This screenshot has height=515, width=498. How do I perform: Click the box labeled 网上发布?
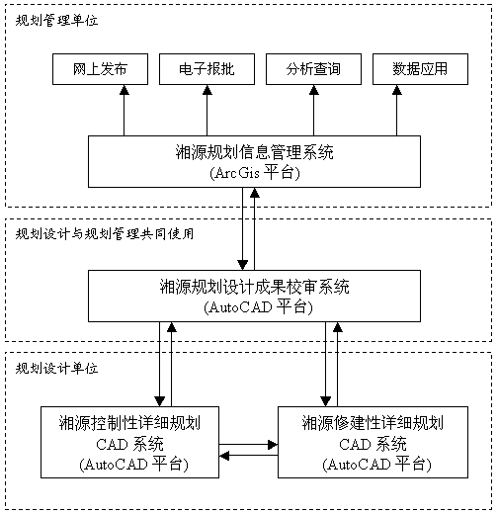pos(100,69)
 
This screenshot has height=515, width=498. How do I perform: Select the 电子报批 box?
pos(207,69)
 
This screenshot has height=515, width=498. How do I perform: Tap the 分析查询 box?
pos(313,69)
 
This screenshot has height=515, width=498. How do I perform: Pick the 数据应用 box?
pos(420,69)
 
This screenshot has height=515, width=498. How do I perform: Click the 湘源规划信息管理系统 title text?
pos(254,152)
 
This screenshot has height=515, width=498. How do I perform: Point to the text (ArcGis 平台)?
pos(255,172)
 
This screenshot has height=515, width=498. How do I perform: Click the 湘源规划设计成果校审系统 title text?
pos(254,287)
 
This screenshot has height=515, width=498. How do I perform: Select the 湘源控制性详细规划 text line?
pos(129,423)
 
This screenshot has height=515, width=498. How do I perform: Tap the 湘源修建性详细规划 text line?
pos(373,423)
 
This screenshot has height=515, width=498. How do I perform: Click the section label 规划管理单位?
pos(56,21)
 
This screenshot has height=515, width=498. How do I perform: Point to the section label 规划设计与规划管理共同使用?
pos(105,234)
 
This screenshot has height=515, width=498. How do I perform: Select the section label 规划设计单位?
pos(56,368)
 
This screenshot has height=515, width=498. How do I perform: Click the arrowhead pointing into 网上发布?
pos(124,90)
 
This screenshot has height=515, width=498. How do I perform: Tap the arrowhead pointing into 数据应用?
pos(396,90)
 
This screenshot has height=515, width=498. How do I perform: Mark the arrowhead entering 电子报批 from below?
pos(207,90)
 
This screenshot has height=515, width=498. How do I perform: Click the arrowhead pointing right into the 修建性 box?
pos(273,445)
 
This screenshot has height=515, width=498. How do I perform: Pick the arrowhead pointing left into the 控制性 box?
pos(224,456)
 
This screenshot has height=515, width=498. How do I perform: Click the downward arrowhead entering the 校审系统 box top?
pos(243,265)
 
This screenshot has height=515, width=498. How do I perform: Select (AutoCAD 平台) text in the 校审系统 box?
pos(258,307)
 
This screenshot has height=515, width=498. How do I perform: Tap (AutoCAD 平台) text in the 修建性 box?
pos(376,465)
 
